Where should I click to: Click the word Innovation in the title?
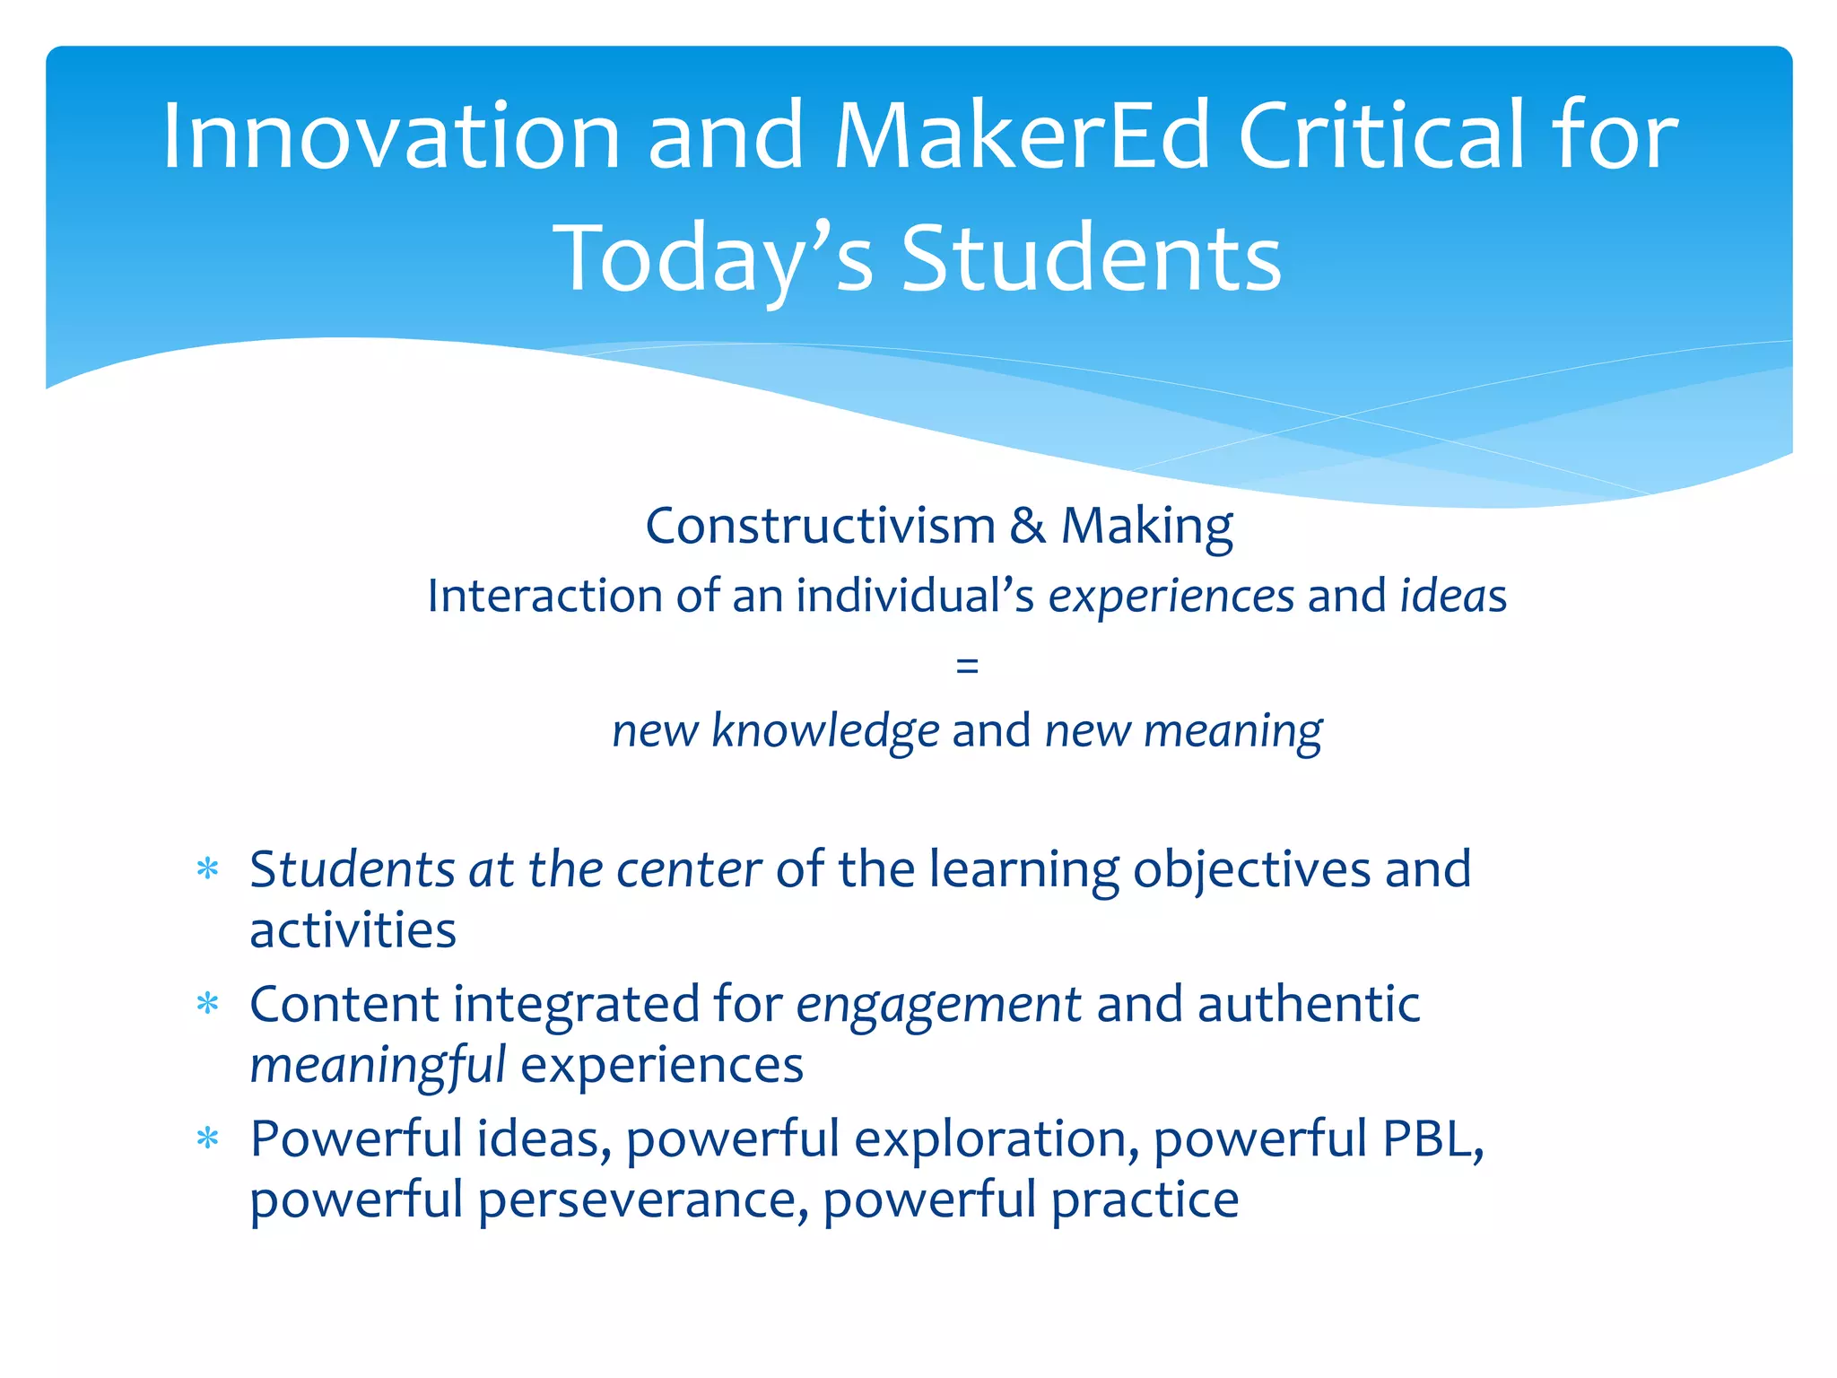(391, 136)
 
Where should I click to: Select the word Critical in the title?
(1382, 136)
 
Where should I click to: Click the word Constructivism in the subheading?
(820, 526)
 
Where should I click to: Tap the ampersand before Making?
(1027, 526)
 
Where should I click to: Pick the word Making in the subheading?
(1147, 528)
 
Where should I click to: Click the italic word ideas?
(1453, 596)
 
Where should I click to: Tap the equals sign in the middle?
(967, 666)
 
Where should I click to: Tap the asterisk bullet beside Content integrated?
(208, 1003)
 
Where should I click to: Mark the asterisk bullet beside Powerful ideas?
(208, 1138)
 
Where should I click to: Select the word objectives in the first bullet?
(1251, 871)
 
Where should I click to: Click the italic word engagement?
(938, 1006)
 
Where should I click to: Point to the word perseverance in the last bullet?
(637, 1200)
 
